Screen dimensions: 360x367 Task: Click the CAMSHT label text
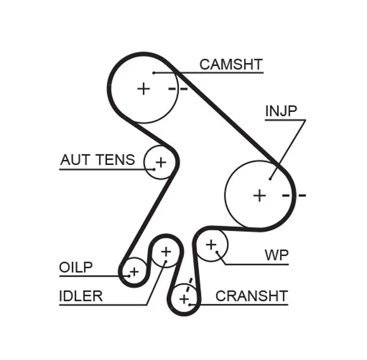[231, 64]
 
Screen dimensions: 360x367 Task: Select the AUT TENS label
[97, 160]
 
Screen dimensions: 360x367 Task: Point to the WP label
[276, 254]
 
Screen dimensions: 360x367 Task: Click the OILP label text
[76, 267]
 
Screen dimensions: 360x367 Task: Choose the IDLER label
[81, 296]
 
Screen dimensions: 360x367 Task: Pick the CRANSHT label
[251, 296]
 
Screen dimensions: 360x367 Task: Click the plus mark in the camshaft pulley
[143, 89]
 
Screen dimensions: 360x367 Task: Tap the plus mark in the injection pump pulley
[260, 195]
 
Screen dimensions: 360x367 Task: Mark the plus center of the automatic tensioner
[160, 162]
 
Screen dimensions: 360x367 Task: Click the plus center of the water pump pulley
[211, 244]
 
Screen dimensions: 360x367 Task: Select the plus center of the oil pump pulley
[134, 271]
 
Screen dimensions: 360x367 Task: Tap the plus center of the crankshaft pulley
[183, 299]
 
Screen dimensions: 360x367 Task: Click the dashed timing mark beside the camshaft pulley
[177, 89]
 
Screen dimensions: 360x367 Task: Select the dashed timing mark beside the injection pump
[294, 196]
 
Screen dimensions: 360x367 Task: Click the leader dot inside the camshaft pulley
[154, 73]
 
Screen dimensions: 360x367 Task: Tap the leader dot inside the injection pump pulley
[270, 179]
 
